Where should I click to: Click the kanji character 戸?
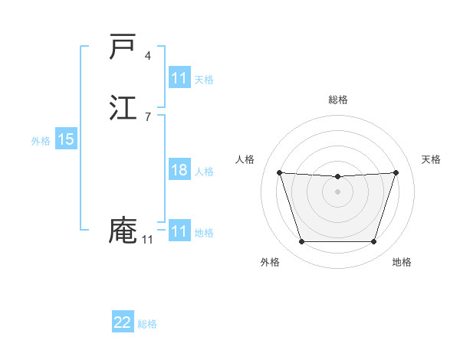[123, 47]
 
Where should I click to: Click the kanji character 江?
[123, 108]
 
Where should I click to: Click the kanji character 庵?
[123, 231]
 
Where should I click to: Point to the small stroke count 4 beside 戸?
[148, 56]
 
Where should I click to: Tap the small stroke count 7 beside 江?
[148, 117]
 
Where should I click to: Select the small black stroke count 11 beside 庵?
[147, 240]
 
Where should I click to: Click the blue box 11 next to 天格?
[179, 78]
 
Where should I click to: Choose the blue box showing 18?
[179, 170]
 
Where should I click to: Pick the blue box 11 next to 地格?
[179, 231]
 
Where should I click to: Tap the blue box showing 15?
[66, 139]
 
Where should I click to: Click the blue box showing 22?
[123, 322]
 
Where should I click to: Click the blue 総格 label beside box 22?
[147, 324]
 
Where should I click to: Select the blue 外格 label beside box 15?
[41, 141]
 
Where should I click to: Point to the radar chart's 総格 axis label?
[338, 100]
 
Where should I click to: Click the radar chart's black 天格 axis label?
[432, 159]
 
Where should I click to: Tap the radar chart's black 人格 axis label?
[245, 159]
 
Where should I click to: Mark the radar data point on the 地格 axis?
[373, 242]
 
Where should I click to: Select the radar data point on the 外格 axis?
[301, 242]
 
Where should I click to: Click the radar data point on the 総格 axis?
[337, 177]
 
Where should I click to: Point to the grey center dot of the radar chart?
[337, 191]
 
